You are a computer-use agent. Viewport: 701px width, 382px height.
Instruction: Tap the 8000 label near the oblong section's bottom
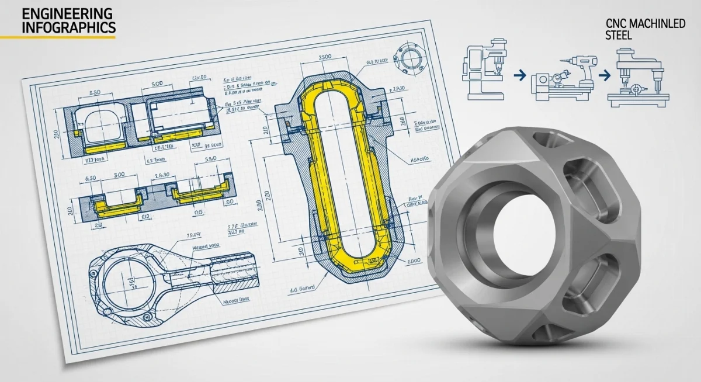(x=412, y=261)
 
